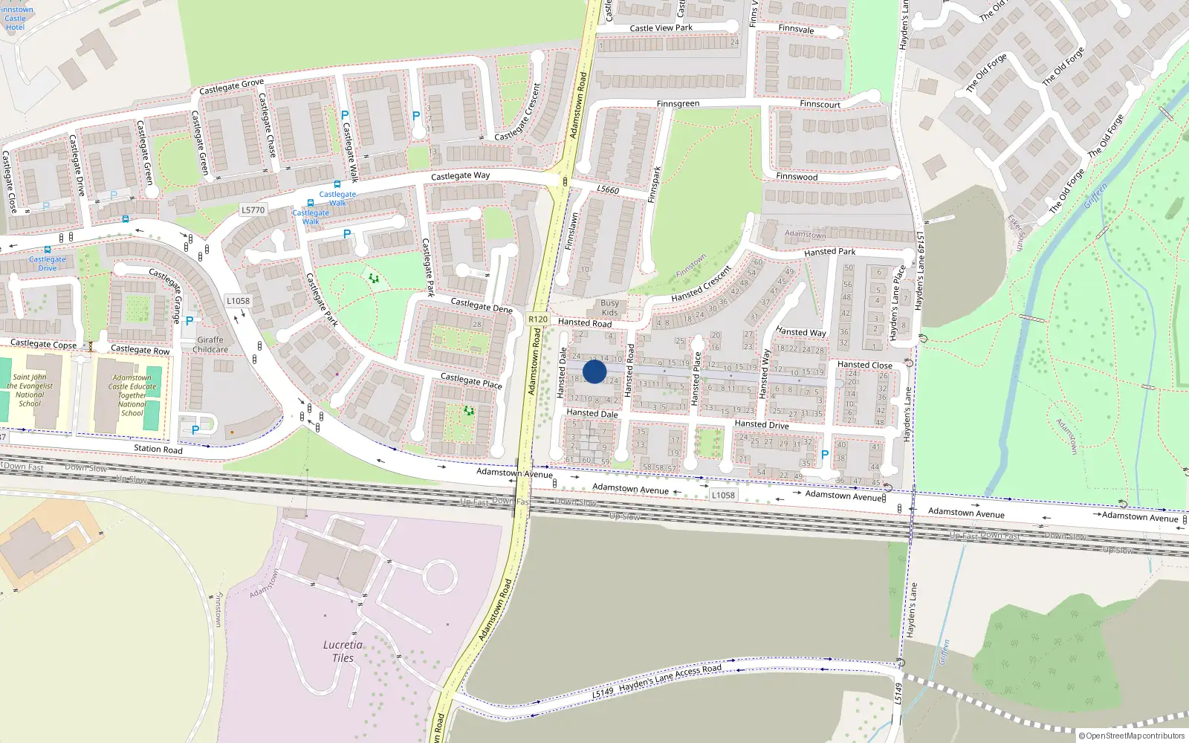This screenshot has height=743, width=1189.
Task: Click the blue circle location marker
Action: click(x=594, y=371)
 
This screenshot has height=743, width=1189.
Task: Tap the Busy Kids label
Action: click(x=609, y=308)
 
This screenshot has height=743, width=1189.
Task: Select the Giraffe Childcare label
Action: click(x=210, y=345)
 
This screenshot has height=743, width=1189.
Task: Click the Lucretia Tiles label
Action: click(x=343, y=651)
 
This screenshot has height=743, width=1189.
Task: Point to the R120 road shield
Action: click(x=538, y=319)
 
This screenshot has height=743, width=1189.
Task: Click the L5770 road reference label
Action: click(x=253, y=210)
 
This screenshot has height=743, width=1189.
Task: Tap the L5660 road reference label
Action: click(x=608, y=189)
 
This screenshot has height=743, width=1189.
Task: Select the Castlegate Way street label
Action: click(x=460, y=176)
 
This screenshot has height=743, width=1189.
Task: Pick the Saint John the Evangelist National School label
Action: click(x=30, y=390)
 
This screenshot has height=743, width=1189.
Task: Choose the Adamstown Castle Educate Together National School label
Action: click(x=132, y=395)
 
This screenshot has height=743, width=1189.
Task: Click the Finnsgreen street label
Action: click(x=678, y=104)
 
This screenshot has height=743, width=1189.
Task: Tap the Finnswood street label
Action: click(x=797, y=177)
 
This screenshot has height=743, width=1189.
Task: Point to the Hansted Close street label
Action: click(x=864, y=365)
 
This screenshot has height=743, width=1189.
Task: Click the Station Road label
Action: click(x=158, y=449)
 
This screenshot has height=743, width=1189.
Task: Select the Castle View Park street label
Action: click(x=661, y=28)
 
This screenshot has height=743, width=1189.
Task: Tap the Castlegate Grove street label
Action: click(x=231, y=87)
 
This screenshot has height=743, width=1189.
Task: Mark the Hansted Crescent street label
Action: click(x=701, y=284)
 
